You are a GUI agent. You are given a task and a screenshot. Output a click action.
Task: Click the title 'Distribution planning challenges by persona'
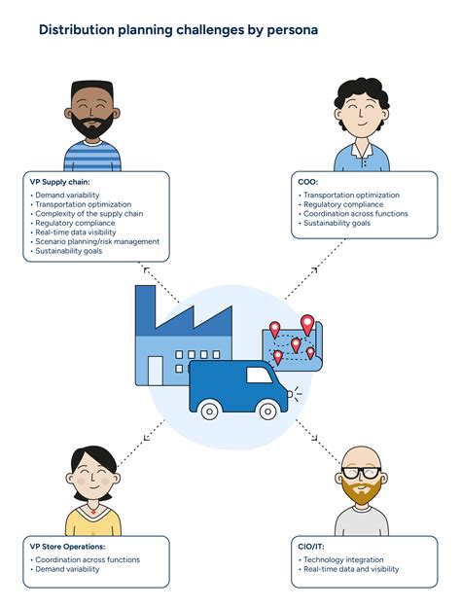(178, 30)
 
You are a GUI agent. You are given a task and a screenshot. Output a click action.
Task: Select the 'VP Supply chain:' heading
(59, 182)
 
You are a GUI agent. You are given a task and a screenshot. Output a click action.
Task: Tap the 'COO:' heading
(308, 182)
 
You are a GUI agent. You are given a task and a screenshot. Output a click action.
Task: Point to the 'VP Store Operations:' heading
(67, 547)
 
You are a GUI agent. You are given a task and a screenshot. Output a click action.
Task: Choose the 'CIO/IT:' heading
(311, 547)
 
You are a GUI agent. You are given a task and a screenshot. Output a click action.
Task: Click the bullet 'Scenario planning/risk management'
(97, 241)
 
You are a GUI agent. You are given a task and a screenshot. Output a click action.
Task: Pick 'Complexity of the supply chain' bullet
(89, 214)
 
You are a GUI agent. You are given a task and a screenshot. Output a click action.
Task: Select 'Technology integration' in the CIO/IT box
(343, 559)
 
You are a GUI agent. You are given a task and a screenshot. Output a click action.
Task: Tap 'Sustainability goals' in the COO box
(337, 223)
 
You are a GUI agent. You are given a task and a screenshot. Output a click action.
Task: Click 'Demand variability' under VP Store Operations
(67, 569)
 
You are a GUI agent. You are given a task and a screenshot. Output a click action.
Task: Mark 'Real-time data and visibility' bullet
(351, 569)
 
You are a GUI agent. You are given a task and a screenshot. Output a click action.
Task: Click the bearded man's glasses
(362, 473)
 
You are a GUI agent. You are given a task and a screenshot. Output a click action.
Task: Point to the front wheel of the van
(267, 411)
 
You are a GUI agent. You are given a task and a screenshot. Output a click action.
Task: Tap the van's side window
(259, 375)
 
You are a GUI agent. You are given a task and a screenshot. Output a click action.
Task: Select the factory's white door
(156, 371)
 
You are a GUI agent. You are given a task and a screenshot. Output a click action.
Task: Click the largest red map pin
(307, 324)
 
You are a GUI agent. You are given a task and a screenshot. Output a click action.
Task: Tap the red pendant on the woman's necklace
(93, 513)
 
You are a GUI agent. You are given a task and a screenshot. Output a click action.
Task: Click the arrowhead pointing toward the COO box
(314, 270)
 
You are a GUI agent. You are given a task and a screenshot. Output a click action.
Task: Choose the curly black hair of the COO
(362, 95)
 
